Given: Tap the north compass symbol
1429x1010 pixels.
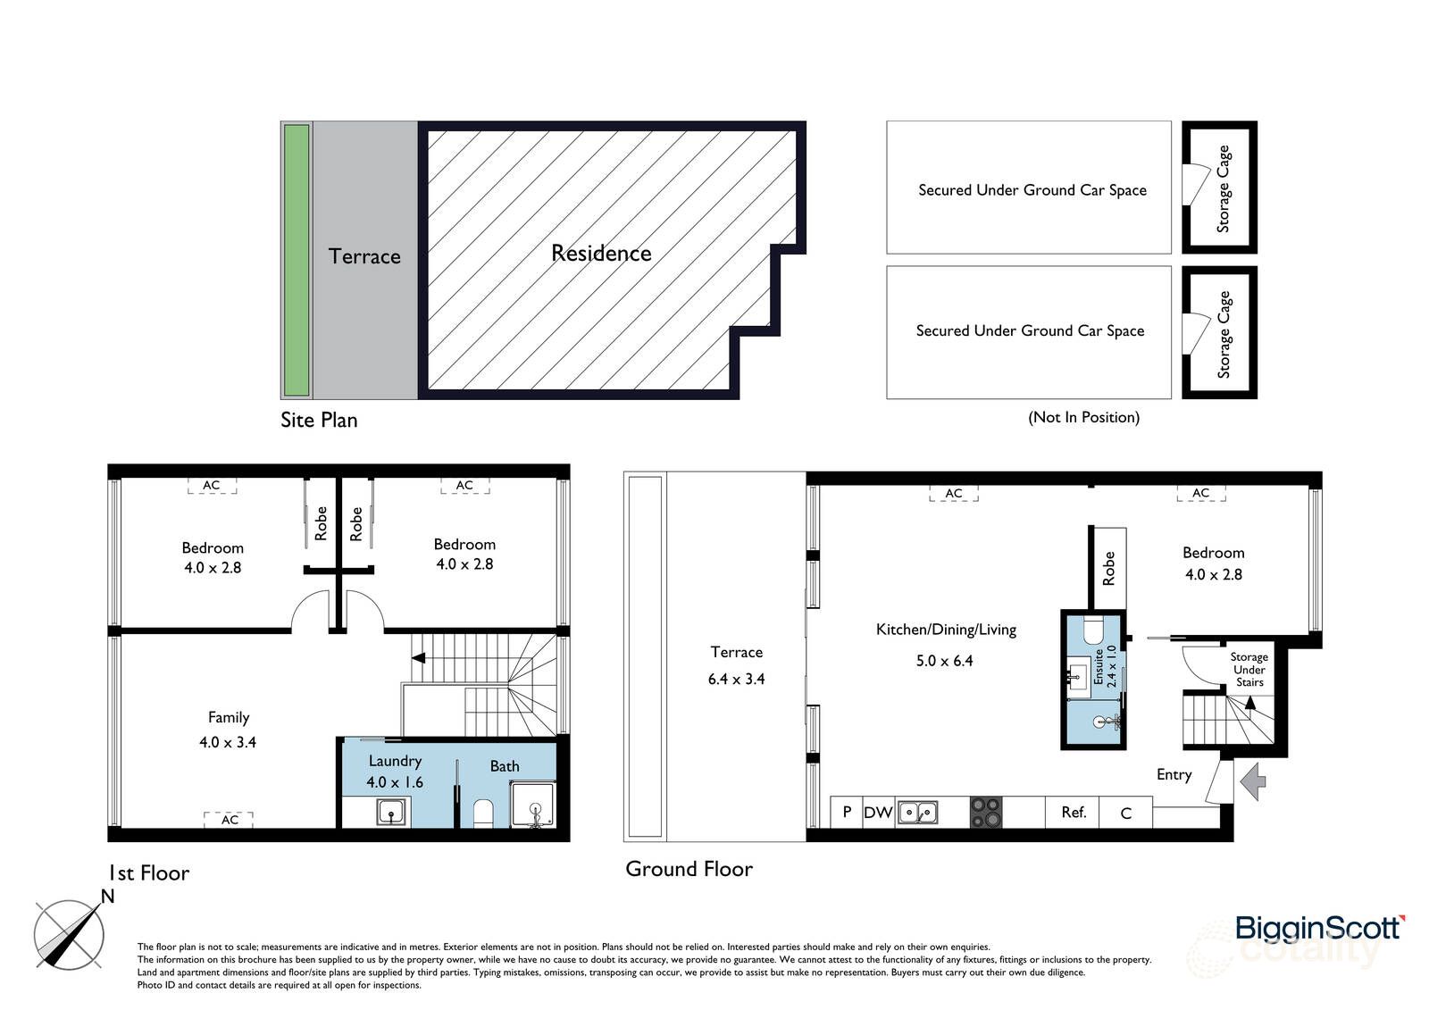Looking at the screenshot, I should tap(70, 934).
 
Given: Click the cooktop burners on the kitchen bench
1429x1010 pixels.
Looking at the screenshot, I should tap(985, 812).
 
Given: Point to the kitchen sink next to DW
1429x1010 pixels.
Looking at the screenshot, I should tap(917, 812).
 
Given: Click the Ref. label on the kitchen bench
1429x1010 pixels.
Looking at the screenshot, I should tap(1074, 813).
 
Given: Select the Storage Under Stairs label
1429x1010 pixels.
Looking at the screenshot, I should tap(1249, 669).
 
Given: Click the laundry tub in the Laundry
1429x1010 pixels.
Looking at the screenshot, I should tap(390, 812).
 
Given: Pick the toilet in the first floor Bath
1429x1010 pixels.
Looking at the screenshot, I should tap(483, 812).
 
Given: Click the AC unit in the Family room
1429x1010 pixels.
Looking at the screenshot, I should tap(230, 819).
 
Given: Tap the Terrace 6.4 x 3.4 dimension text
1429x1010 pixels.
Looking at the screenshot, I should tap(736, 679).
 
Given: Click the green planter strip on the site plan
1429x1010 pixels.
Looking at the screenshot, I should tap(297, 260).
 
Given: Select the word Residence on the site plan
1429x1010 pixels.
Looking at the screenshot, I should tap(601, 254).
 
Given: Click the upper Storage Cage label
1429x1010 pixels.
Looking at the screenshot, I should tap(1224, 188).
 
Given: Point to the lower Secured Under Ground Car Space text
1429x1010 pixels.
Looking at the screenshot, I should tap(1030, 330).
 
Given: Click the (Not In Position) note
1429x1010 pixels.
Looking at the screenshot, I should tap(1083, 417).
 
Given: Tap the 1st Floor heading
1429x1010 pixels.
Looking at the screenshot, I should tap(148, 872).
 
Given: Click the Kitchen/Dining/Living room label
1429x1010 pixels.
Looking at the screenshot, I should tap(946, 630).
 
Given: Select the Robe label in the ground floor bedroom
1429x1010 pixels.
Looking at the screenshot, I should tap(1108, 568).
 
